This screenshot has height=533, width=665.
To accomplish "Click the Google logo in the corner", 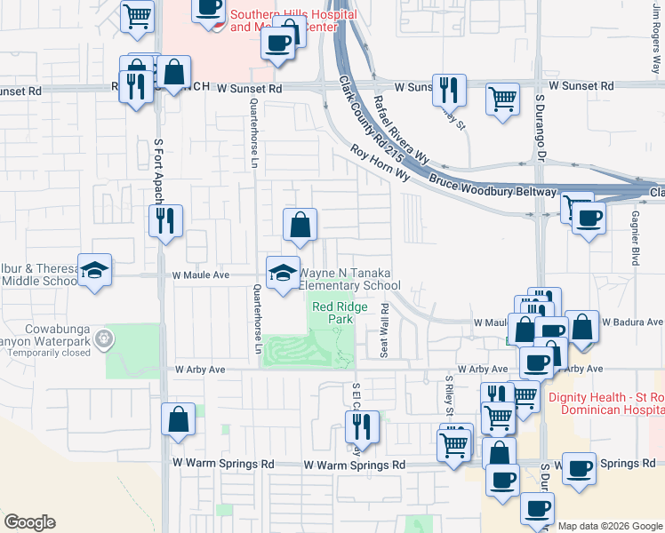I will [29, 522].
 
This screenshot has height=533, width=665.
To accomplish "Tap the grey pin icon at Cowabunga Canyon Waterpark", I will [105, 338].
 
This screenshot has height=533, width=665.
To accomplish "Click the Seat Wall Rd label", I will [385, 331].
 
